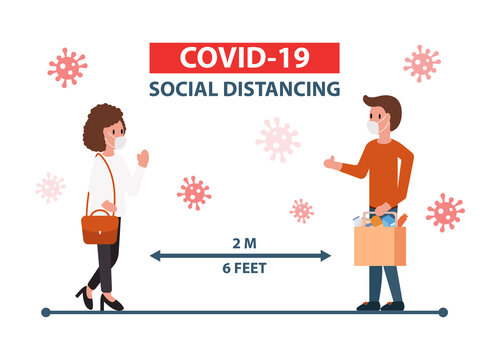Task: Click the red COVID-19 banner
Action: point(243,57)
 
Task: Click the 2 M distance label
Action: point(240,241)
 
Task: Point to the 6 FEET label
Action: point(240,268)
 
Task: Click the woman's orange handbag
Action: point(100,227)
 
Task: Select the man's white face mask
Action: point(375,128)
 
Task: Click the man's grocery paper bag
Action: point(380,245)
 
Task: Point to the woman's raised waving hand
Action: point(142,157)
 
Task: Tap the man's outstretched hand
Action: point(330,161)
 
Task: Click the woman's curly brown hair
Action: point(100,125)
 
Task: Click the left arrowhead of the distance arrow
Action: point(155,255)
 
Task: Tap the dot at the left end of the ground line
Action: point(46,312)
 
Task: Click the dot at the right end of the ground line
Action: point(443,312)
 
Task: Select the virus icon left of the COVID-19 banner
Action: point(67,67)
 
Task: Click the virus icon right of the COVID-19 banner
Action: point(422,63)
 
